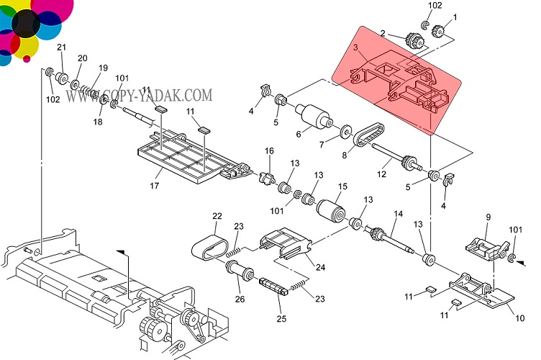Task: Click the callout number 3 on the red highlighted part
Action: pos(355,48)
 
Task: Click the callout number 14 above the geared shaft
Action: pos(398,215)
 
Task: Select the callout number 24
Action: pos(320,267)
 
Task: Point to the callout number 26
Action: pos(240,300)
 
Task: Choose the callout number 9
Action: pos(487,217)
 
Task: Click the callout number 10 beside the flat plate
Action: pos(512,318)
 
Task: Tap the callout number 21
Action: pos(61,48)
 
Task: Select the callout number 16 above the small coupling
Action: pos(270,151)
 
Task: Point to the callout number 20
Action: pos(82,58)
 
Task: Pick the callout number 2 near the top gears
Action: pos(383,33)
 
